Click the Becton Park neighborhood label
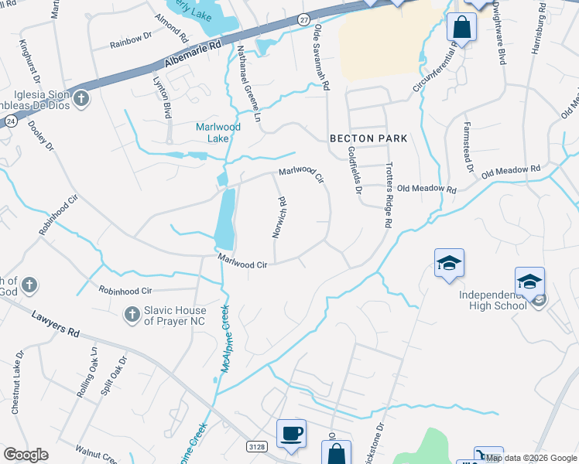point(368,138)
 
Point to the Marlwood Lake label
point(218,132)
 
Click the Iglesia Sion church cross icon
point(81,98)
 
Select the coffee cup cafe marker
point(291,434)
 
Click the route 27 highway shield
point(304,19)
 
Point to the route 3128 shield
point(258,446)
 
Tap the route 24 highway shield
point(10,121)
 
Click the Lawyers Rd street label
point(57,325)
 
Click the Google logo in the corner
point(26,455)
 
